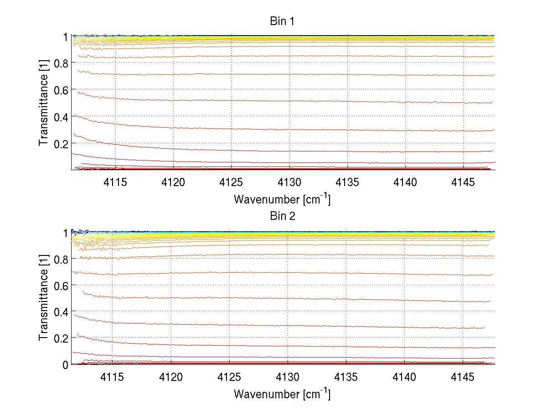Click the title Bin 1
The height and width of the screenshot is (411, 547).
click(282, 21)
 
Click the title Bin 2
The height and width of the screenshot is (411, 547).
click(282, 216)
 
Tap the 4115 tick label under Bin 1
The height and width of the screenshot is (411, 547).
click(116, 182)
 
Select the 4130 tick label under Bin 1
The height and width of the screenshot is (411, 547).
click(289, 182)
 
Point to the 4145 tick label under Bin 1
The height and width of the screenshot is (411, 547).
click(463, 182)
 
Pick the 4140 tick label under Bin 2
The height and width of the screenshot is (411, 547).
click(404, 377)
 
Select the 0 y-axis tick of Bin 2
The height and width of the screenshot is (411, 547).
click(65, 364)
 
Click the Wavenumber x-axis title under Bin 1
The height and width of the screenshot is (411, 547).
click(282, 199)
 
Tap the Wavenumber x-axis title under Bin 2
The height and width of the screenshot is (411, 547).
click(282, 394)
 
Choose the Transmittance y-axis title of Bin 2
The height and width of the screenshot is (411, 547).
click(43, 298)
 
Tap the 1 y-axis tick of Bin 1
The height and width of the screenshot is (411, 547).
click(65, 37)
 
